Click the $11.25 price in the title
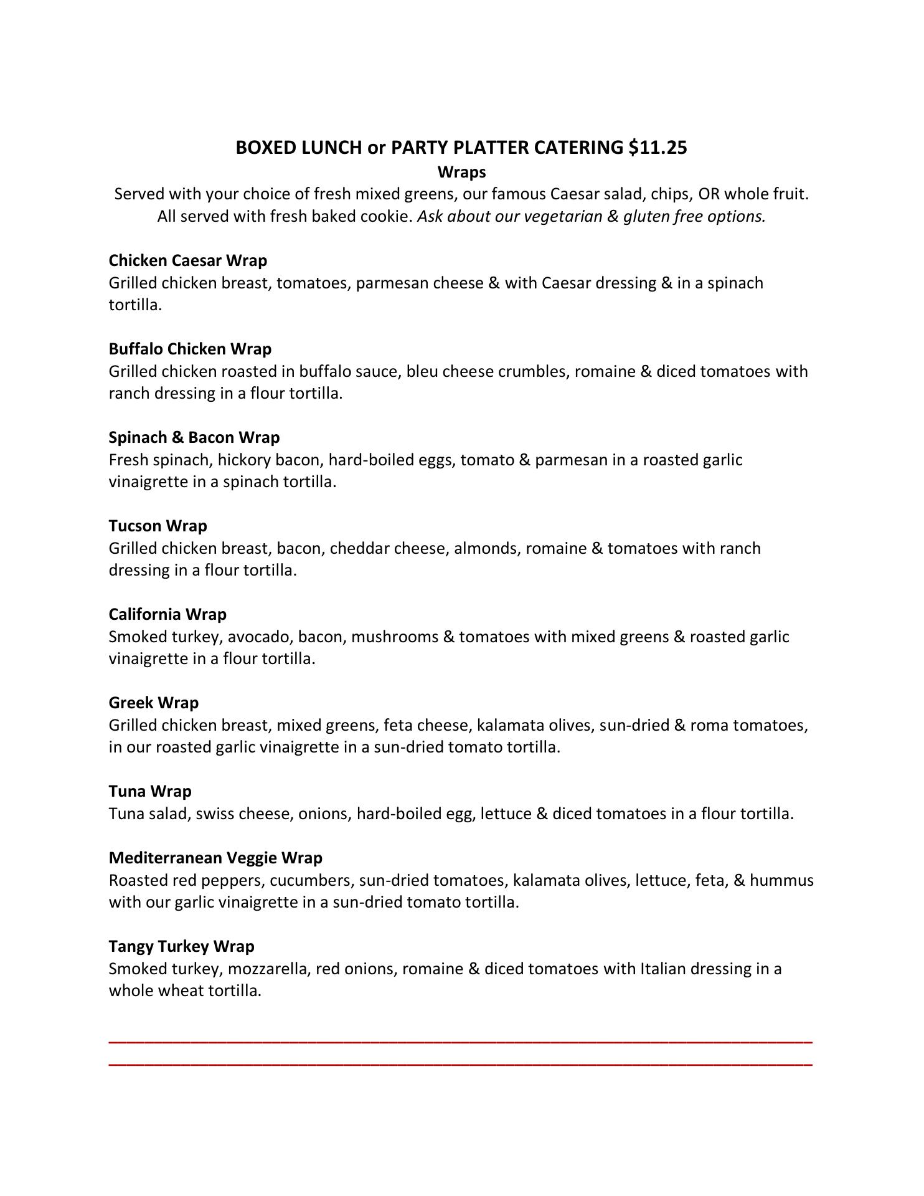tap(658, 148)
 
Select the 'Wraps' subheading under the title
tap(461, 171)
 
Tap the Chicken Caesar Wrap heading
tap(187, 260)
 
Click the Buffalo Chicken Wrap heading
tap(190, 349)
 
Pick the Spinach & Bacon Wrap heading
tap(194, 437)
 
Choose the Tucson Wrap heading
tap(158, 526)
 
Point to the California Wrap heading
tap(167, 614)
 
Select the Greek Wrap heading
tap(153, 703)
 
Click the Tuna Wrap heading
tap(149, 791)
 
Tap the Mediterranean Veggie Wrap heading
tap(215, 858)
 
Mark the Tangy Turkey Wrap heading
tap(181, 946)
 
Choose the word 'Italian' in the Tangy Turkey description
tap(662, 969)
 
